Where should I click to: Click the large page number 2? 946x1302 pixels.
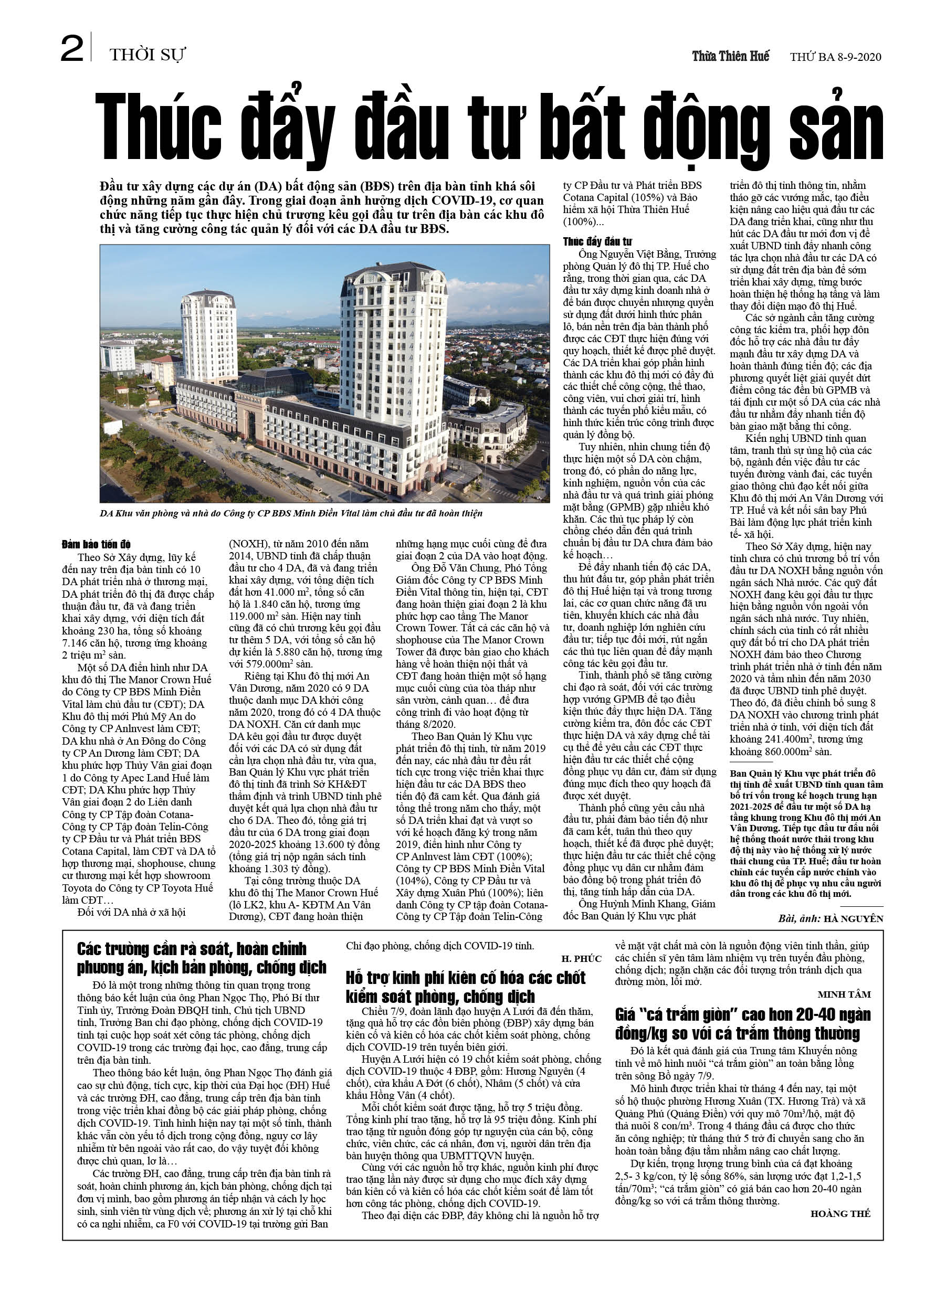pos(72,49)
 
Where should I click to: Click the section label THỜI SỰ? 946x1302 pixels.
pos(148,55)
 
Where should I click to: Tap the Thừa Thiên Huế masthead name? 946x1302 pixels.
pos(730,56)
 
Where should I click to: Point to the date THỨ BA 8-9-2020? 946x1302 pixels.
pos(835,57)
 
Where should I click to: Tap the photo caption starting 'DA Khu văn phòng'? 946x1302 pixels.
pos(291,513)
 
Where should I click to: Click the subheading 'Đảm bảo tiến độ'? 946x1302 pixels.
pos(97,544)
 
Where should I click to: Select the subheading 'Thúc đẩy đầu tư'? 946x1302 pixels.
pos(597,242)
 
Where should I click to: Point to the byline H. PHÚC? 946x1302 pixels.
pos(581,959)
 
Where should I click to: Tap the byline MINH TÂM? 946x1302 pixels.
pos(844,994)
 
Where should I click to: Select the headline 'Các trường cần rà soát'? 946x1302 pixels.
pos(201,958)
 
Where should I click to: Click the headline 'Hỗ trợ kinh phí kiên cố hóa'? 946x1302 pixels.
pos(465,986)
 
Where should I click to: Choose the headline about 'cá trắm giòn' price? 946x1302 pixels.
pos(742,1023)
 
